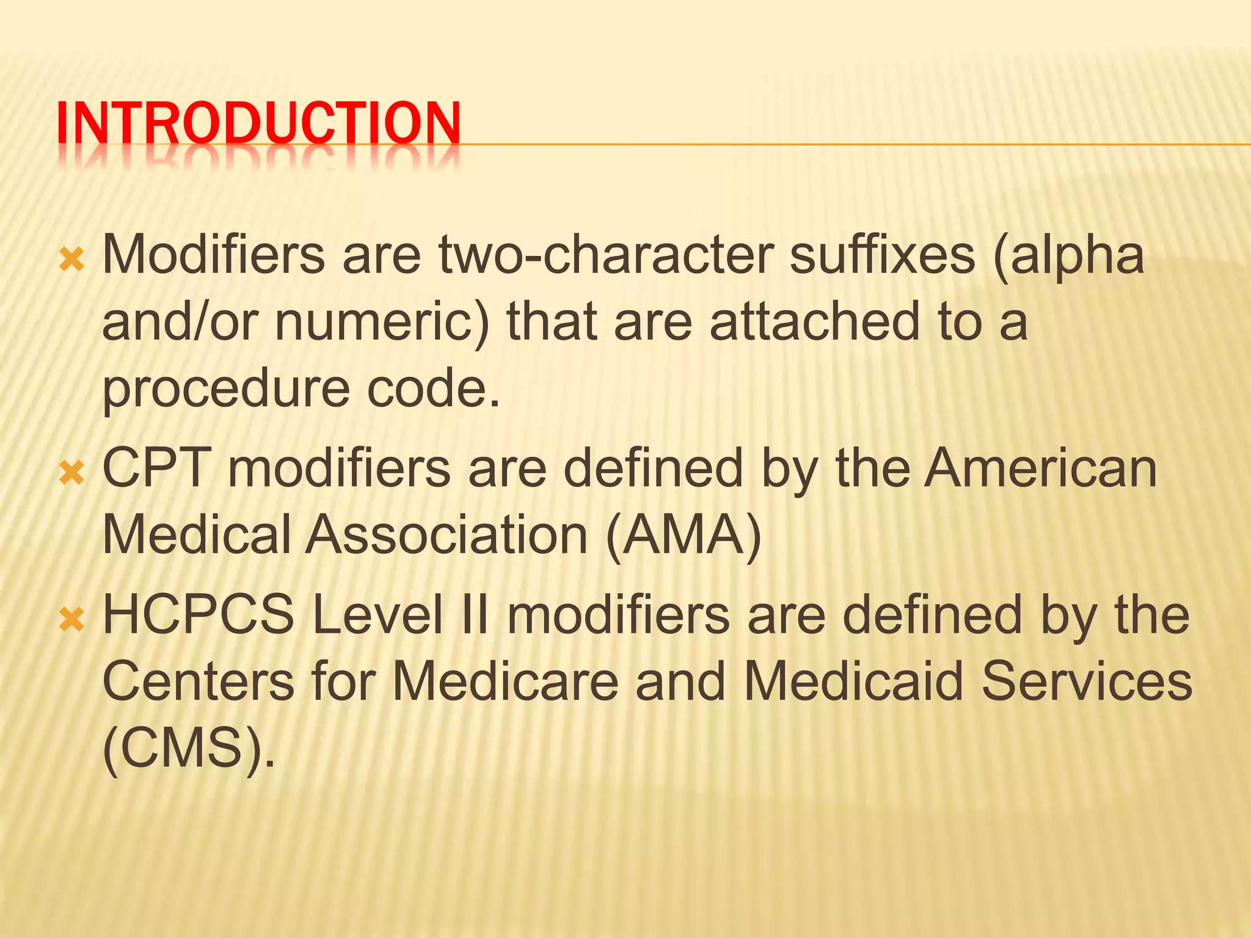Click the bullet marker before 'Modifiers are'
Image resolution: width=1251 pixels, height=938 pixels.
pos(72,261)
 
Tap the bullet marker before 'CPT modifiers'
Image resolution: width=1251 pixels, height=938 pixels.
pos(72,473)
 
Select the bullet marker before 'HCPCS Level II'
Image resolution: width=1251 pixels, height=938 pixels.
pos(72,619)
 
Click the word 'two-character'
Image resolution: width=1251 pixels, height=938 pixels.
pos(605,255)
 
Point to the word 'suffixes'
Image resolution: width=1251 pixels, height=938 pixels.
pos(882,255)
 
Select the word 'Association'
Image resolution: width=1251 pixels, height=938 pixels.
pos(447,535)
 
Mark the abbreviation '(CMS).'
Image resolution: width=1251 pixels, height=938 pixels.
pos(189,750)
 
